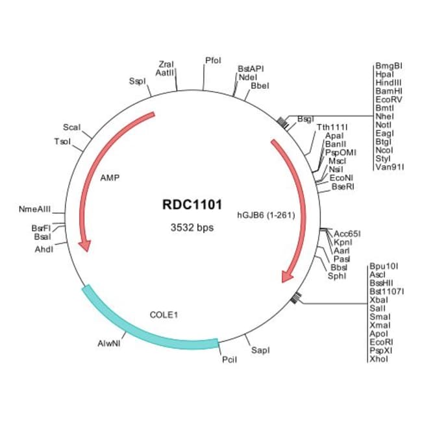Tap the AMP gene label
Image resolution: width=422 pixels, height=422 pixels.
click(x=110, y=177)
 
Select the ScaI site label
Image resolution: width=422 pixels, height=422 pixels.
click(x=71, y=127)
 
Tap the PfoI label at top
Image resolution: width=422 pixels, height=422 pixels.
click(x=213, y=60)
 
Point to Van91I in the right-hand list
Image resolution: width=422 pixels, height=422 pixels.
click(x=390, y=167)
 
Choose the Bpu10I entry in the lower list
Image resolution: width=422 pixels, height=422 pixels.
click(x=383, y=266)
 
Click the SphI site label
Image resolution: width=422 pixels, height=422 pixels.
click(x=336, y=276)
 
